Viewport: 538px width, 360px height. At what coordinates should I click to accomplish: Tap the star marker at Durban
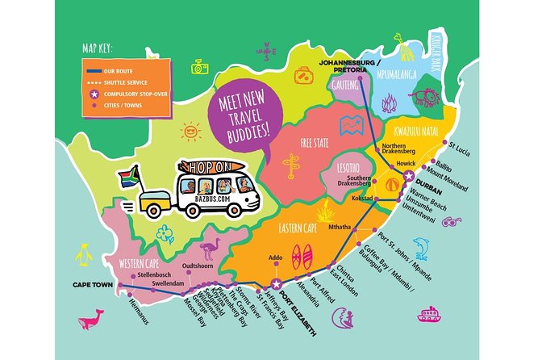point(410,176)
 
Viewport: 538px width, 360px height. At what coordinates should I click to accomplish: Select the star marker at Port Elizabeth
point(275,283)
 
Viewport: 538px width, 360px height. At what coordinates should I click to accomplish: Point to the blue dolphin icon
point(421,248)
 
